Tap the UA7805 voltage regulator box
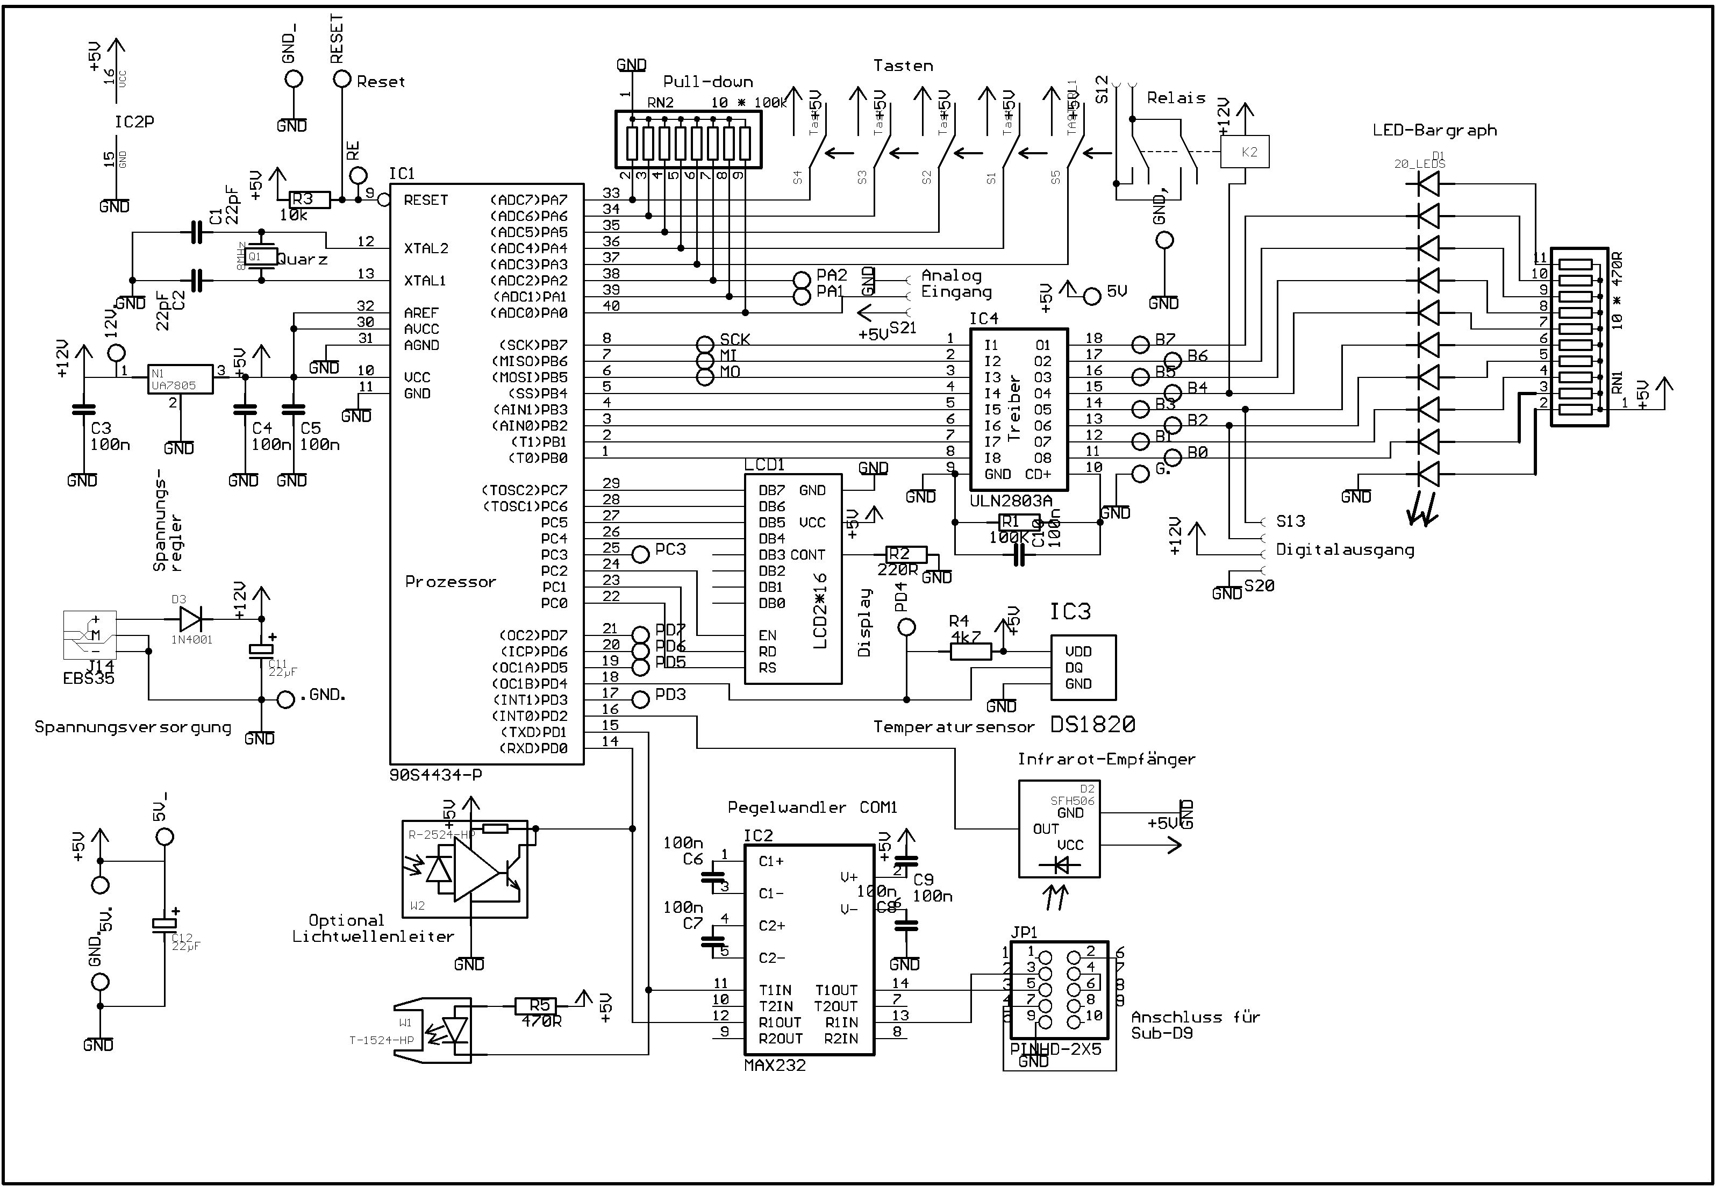180,380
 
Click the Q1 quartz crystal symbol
261,256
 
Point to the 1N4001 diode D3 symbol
192,619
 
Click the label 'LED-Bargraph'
1434,131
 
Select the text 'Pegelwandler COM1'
812,807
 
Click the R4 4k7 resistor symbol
971,652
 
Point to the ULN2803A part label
1011,500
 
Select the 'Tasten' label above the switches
903,66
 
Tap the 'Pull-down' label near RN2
707,82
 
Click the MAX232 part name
774,1065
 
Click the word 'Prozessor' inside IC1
450,582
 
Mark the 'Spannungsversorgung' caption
132,727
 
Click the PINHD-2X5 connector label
1055,1049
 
